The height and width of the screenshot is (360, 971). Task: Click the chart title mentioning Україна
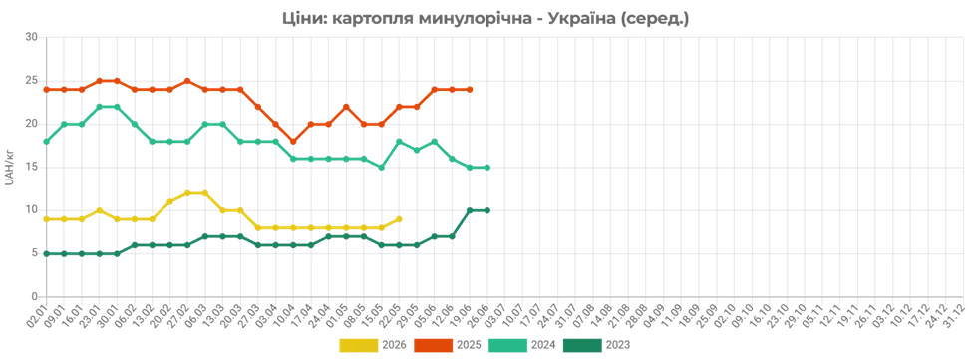485,19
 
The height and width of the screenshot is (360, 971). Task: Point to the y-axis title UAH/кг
9,168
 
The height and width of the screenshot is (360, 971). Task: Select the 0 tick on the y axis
35,297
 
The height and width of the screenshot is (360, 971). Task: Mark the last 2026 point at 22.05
399,219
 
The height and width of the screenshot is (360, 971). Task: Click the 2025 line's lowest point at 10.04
293,142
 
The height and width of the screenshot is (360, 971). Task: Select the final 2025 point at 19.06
470,89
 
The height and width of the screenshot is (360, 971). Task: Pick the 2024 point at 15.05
382,168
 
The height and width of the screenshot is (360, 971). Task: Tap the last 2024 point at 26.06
487,168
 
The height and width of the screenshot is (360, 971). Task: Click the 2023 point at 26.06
487,210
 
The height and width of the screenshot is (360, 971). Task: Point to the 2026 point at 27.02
187,193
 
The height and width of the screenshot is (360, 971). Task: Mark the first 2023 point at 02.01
46,254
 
